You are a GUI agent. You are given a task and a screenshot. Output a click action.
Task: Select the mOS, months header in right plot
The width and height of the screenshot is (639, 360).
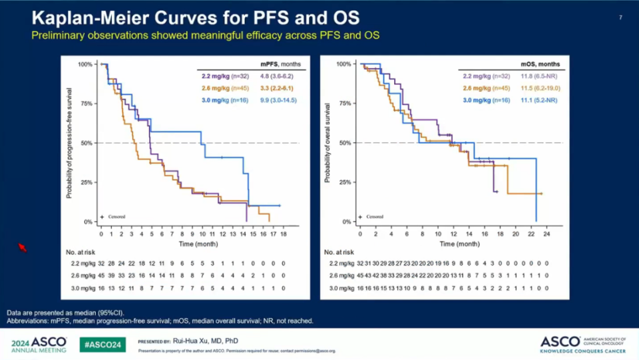540,65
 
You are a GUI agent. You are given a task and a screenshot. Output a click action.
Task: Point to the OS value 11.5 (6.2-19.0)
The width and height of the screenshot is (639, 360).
540,88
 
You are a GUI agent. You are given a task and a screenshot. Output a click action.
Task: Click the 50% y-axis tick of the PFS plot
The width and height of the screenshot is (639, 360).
86,143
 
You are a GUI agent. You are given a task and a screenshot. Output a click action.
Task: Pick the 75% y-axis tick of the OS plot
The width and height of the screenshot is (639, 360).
344,104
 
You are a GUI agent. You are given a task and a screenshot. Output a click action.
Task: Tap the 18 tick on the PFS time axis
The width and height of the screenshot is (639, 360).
284,234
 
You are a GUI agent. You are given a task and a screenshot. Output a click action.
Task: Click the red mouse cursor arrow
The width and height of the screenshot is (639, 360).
21,247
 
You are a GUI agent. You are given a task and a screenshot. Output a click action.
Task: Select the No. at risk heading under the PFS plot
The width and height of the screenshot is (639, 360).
82,253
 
